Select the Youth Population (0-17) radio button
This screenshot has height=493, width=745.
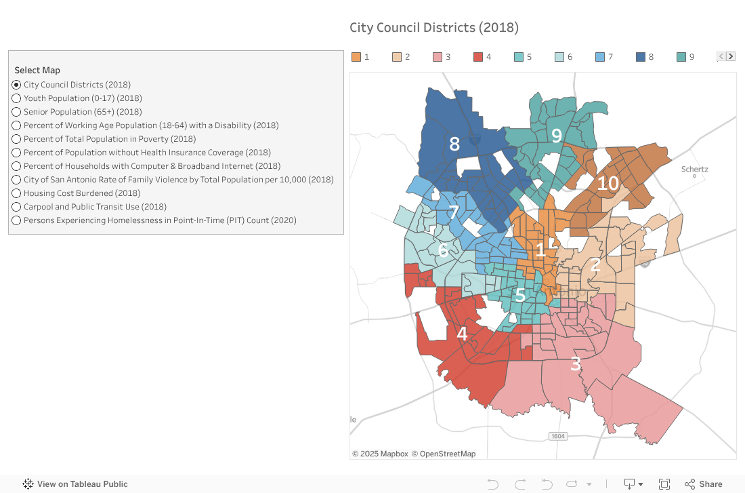click(16, 98)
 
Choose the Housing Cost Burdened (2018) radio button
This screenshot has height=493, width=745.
click(16, 193)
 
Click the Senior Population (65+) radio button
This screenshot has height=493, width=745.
click(16, 112)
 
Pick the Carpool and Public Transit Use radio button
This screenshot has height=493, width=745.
click(16, 207)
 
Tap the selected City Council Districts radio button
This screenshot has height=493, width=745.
click(16, 85)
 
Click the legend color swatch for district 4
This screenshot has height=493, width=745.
click(478, 57)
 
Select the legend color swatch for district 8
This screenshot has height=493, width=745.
click(641, 57)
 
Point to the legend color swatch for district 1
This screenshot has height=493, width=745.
click(356, 57)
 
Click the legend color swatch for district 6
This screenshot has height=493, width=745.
click(559, 57)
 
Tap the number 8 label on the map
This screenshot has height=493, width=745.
click(454, 144)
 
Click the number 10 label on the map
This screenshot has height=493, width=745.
click(608, 183)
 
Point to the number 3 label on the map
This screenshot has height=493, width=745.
click(575, 364)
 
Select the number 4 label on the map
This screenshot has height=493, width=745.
click(462, 334)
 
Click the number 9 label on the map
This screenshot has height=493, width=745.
click(557, 136)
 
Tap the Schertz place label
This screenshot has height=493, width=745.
click(694, 170)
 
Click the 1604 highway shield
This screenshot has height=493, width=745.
click(557, 436)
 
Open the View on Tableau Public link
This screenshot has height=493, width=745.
click(75, 484)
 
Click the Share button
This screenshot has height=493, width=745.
click(704, 484)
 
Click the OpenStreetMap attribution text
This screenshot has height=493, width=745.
click(444, 454)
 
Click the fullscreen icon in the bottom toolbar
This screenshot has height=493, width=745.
click(664, 484)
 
